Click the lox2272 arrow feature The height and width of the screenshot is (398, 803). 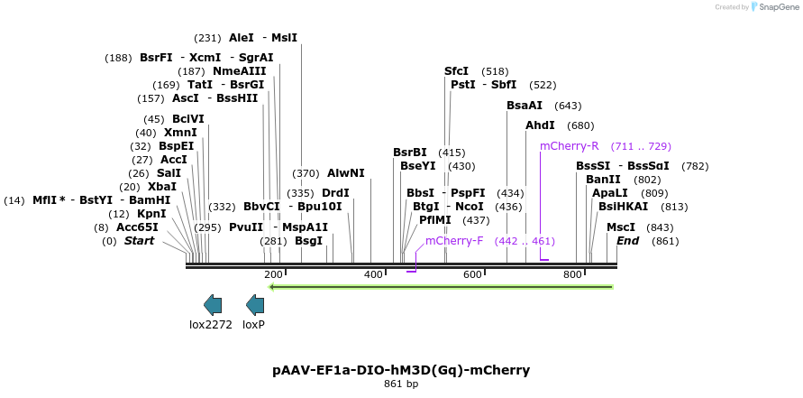coord(213,305)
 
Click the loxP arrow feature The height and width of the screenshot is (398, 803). coord(255,305)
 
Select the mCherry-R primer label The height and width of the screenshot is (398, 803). coord(569,146)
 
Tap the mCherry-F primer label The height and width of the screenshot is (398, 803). coord(454,241)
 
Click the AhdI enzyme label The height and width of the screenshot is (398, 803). coord(540,125)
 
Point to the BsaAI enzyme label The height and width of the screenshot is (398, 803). coord(525,106)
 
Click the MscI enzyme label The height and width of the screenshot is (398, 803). coord(621,227)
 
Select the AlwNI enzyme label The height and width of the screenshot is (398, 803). coord(346,173)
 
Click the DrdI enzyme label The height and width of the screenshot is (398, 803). coord(335,193)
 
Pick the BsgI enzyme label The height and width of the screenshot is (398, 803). coord(308,241)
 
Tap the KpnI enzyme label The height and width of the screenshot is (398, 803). coord(151,214)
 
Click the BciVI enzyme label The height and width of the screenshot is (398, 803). coord(188,119)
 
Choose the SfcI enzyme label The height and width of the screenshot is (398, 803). coord(456,71)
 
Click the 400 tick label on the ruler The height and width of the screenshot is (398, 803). coord(373,274)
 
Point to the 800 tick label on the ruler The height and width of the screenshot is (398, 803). coord(572,274)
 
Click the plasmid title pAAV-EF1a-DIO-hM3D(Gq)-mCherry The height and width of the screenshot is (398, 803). coord(401,370)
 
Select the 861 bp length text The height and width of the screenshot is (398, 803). coord(401,384)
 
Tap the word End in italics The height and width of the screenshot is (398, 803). coord(627,241)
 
